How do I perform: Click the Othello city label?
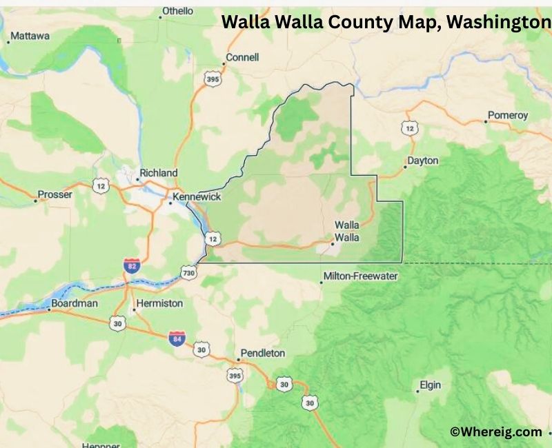[177, 11]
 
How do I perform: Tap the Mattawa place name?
[30, 36]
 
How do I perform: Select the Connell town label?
[242, 57]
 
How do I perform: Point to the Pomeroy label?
[507, 115]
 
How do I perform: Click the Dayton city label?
[423, 161]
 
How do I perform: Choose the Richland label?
[158, 173]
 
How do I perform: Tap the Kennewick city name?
[197, 197]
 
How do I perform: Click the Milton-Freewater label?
[360, 276]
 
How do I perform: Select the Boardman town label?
[75, 303]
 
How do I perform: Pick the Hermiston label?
[159, 303]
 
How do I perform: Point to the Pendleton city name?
[262, 353]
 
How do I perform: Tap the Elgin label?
[430, 385]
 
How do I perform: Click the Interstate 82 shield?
[132, 266]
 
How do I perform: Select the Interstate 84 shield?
[177, 338]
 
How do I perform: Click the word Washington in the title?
[497, 22]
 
